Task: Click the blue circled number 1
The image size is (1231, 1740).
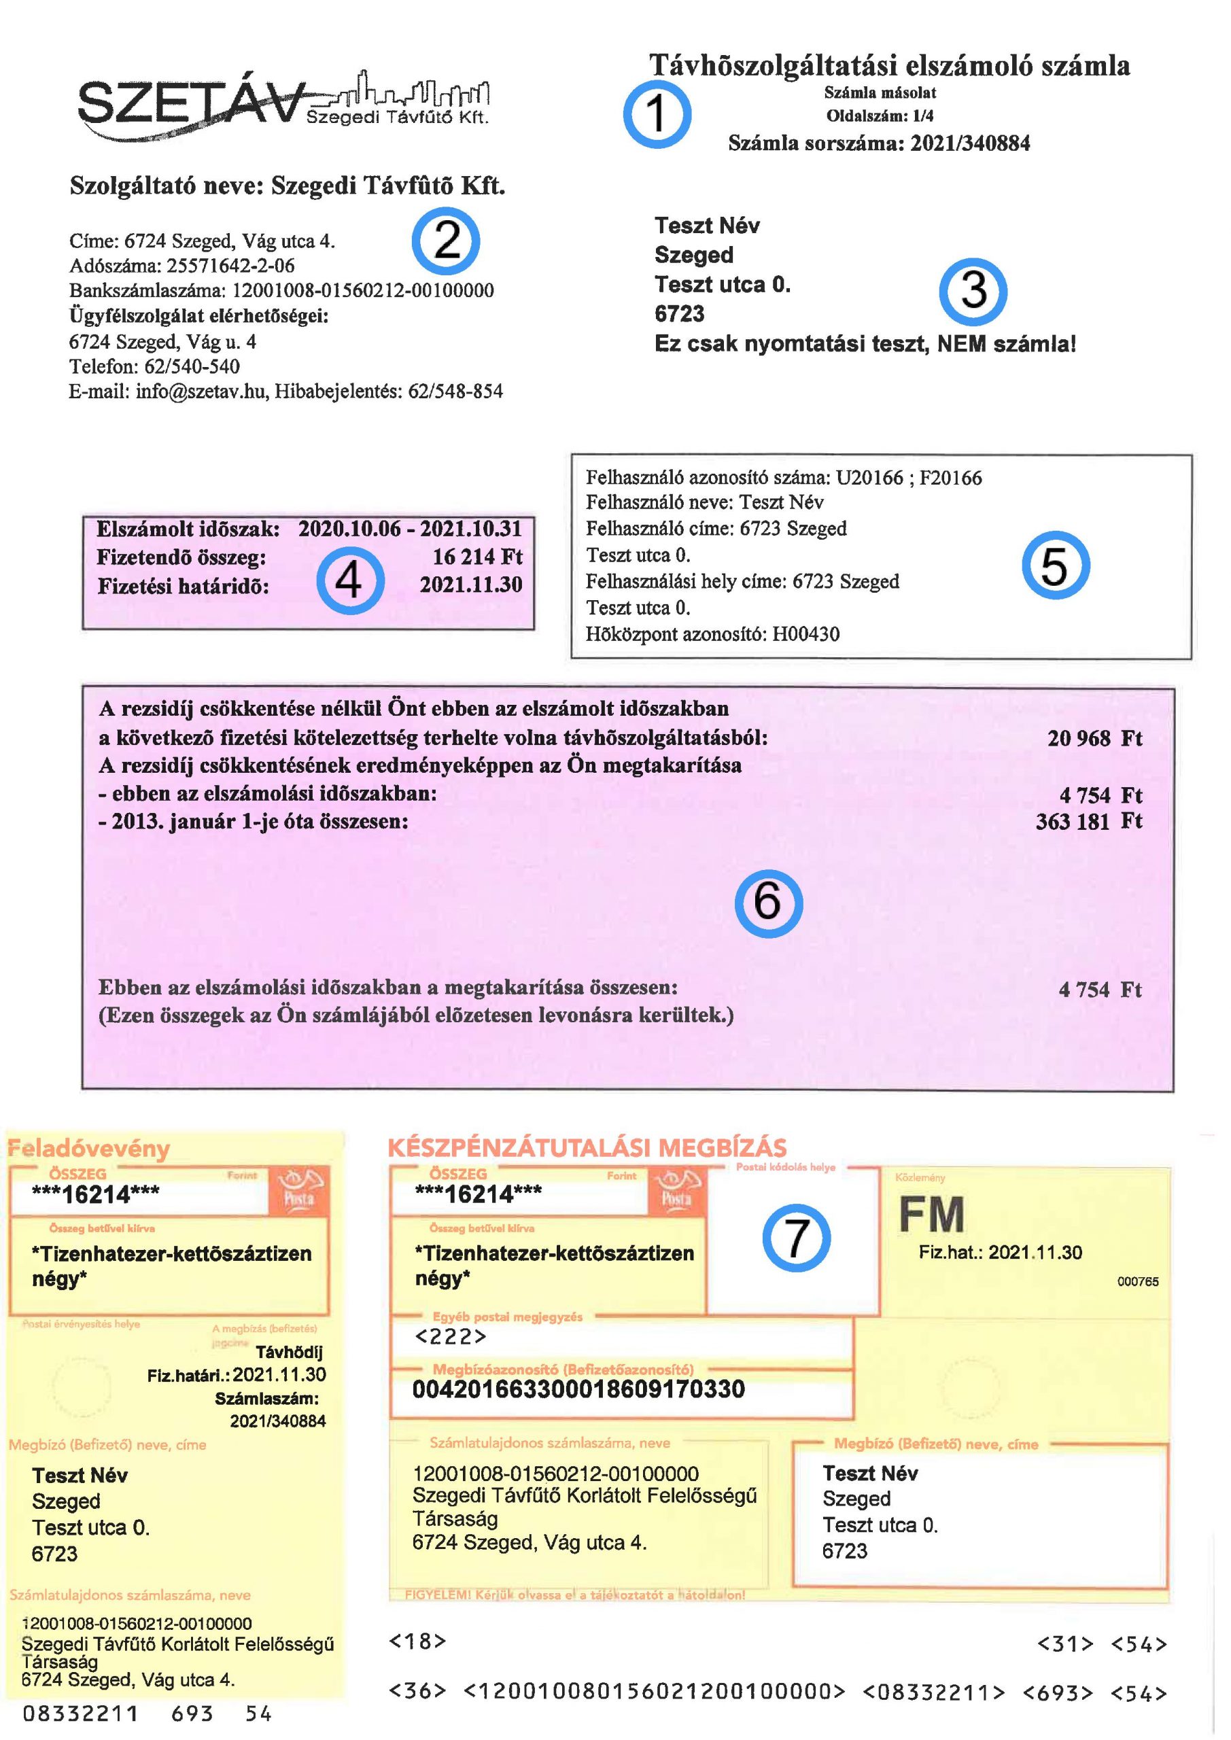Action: [x=657, y=114]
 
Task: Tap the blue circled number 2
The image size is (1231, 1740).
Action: [x=446, y=241]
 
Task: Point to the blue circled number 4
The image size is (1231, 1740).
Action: [x=349, y=580]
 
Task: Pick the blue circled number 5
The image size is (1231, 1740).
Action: [x=1055, y=565]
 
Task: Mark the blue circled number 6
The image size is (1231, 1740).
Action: [x=768, y=903]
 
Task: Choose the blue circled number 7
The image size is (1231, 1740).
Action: [x=796, y=1238]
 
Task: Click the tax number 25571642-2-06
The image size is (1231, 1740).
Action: [x=230, y=266]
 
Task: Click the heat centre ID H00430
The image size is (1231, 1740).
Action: [x=805, y=634]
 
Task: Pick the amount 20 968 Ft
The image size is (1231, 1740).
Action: [x=1094, y=738]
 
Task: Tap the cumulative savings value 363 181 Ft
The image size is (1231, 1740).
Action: [x=1088, y=822]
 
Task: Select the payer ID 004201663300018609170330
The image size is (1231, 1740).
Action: [x=578, y=1389]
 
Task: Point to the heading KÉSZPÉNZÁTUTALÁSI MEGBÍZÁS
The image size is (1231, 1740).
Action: [x=587, y=1147]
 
